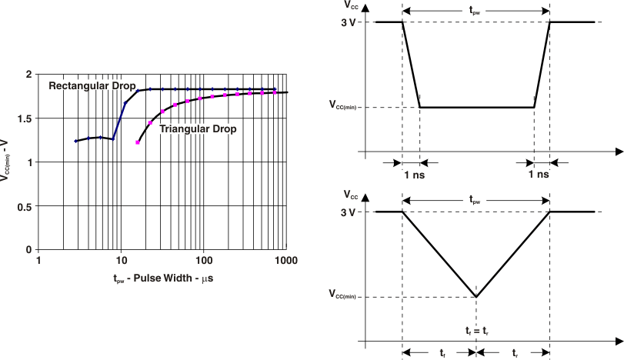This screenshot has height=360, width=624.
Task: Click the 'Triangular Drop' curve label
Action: tap(198, 129)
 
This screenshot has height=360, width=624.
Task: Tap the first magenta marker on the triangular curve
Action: tap(138, 142)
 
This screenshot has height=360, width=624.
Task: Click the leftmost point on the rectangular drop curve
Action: tap(75, 141)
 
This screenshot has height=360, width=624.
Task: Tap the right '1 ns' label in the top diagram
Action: tap(539, 175)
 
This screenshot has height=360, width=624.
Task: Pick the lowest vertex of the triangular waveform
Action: tap(477, 297)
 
